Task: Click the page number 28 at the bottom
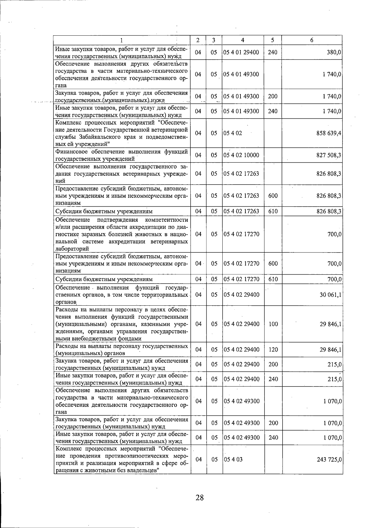(199, 497)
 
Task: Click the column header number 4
(243, 40)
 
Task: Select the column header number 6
(312, 40)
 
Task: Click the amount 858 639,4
(329, 133)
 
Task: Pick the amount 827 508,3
(329, 155)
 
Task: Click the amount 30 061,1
(330, 295)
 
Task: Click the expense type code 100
(273, 324)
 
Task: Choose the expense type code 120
(273, 350)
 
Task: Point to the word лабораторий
(72, 249)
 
